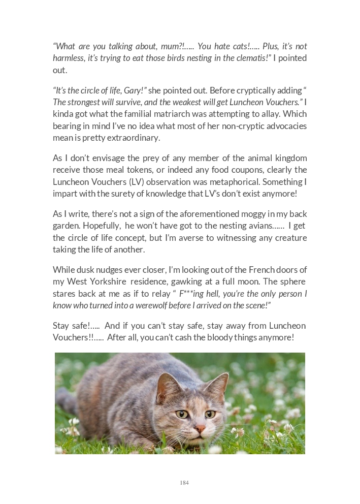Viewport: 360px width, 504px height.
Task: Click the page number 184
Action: click(184, 483)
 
